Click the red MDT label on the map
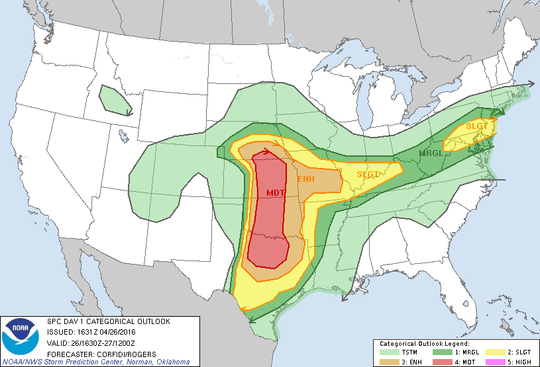pyautogui.click(x=276, y=192)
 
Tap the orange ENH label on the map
pyautogui.click(x=305, y=179)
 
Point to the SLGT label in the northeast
pyautogui.click(x=476, y=126)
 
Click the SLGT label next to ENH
pyautogui.click(x=368, y=174)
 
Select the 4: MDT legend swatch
pyautogui.click(x=441, y=362)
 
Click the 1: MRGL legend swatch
pyautogui.click(x=441, y=353)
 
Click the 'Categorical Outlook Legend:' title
pyautogui.click(x=424, y=345)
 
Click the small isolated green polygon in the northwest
pyautogui.click(x=115, y=101)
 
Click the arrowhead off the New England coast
pyautogui.click(x=530, y=85)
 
